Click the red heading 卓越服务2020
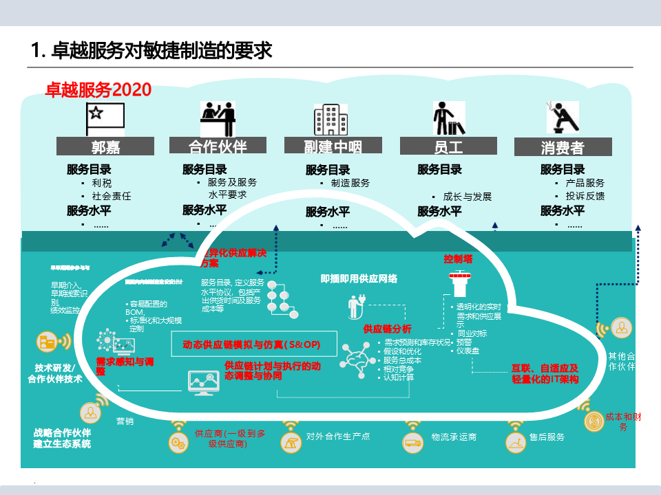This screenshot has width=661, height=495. click(x=98, y=89)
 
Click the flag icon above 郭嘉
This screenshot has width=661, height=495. click(x=105, y=119)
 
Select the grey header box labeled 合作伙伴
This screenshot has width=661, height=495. click(x=217, y=146)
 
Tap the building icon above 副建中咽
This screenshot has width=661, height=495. click(x=330, y=120)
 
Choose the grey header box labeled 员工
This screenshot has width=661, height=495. click(x=448, y=146)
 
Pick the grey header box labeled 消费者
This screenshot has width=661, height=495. click(x=563, y=147)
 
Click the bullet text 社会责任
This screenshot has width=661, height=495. click(x=111, y=196)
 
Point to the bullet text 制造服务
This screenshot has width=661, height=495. click(x=350, y=183)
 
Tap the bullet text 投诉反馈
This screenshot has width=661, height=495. click(x=585, y=196)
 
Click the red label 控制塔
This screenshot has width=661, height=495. click(x=458, y=259)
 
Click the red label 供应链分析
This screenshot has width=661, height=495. click(x=387, y=329)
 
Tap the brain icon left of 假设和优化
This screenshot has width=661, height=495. click(x=358, y=360)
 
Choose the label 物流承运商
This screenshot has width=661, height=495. click(x=454, y=437)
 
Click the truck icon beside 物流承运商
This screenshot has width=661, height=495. click(x=413, y=443)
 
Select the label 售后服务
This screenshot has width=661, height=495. click(x=547, y=437)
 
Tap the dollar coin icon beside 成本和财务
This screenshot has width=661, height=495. click(x=592, y=421)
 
